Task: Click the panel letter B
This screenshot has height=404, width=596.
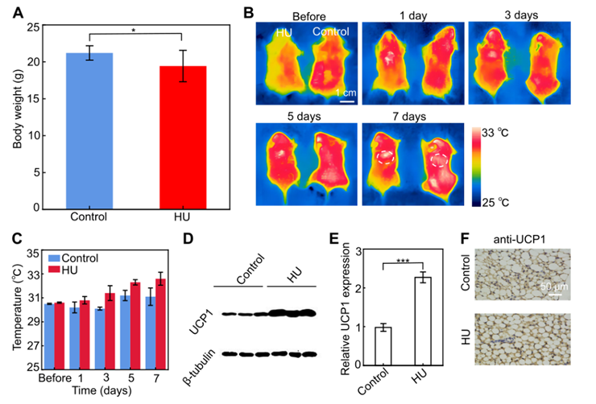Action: (249, 13)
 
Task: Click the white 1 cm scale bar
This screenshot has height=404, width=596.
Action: (347, 101)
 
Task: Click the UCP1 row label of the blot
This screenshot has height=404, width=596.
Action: (199, 315)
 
